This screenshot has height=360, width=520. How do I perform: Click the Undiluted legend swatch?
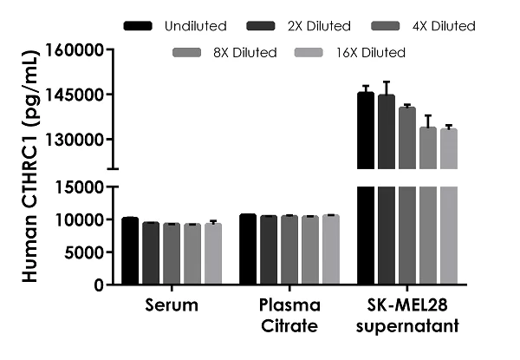140,27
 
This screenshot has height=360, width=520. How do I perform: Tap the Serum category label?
172,305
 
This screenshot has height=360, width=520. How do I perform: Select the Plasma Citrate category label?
289,316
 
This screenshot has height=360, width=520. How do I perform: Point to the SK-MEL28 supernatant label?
406,316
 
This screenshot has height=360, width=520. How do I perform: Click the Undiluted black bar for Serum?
130,252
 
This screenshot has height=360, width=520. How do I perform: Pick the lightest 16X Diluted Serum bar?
213,254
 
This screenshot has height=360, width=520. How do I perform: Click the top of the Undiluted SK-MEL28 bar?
366,93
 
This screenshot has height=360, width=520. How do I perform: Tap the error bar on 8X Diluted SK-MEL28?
428,121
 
